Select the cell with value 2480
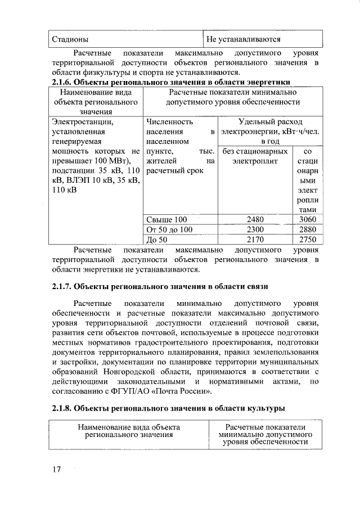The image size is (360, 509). tap(255, 219)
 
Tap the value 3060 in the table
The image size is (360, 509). tap(308, 219)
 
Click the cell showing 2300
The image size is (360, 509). tap(255, 229)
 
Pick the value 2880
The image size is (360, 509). tap(308, 229)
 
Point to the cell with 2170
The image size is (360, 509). tap(255, 239)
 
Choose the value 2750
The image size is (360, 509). tap(308, 239)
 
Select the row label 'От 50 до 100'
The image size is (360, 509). tap(169, 229)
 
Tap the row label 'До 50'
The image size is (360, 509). tap(156, 239)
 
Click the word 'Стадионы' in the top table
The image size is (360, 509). tap(70, 39)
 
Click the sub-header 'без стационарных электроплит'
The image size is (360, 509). tap(255, 156)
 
